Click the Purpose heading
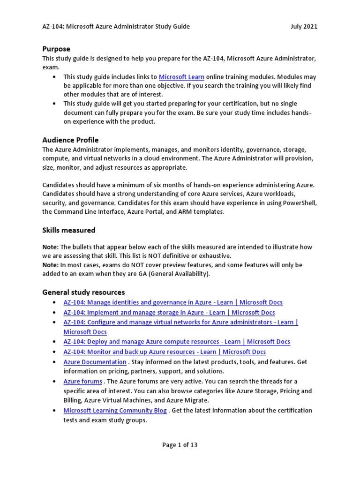point(56,49)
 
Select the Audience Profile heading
point(70,140)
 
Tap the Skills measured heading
point(68,230)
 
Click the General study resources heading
point(83,292)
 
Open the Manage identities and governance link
point(173,302)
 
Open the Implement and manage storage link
point(169,312)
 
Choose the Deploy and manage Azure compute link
point(177,342)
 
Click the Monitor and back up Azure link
point(165,352)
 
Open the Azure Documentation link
point(95,362)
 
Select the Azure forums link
point(82,382)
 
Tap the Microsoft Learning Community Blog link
point(115,411)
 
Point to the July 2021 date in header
point(304,27)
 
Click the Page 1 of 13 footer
point(180,445)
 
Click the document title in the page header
point(116,27)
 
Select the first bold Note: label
point(50,247)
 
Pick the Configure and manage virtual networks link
point(180,322)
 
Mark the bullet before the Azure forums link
point(55,382)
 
